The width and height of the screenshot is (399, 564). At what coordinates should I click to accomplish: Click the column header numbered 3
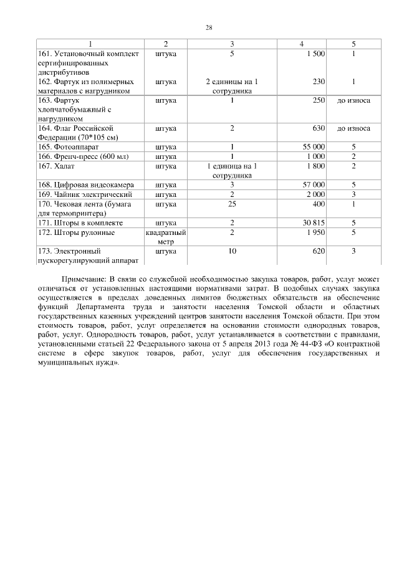(x=232, y=44)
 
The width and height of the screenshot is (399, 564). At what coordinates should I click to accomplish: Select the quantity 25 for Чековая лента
(x=232, y=204)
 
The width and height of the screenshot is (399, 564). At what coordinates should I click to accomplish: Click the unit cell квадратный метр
(x=166, y=237)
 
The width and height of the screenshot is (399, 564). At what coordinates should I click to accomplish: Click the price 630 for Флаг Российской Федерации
(x=319, y=128)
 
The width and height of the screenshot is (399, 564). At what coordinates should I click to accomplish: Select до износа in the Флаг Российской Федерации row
(x=353, y=128)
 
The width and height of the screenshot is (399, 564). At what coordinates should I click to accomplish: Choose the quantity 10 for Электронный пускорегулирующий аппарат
(x=232, y=251)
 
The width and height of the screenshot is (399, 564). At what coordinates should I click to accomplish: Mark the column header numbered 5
(x=353, y=44)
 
